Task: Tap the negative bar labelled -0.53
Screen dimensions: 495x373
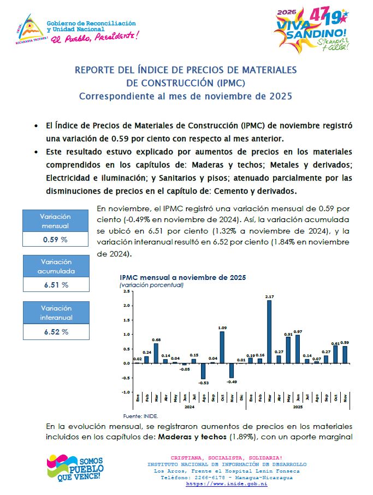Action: (x=203, y=371)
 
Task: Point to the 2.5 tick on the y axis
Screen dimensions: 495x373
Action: (x=126, y=291)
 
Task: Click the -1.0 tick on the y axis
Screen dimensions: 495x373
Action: (x=126, y=392)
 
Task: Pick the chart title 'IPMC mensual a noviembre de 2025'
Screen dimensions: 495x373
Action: (x=182, y=277)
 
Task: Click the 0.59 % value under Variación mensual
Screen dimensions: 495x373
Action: (x=55, y=239)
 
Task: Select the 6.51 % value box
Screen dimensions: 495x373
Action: (x=55, y=284)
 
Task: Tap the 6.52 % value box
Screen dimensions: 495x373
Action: (x=55, y=331)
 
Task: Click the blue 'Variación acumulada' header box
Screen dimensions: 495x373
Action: (x=55, y=266)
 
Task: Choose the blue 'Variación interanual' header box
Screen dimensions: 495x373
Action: (x=55, y=313)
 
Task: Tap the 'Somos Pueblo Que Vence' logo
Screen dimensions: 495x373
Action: (x=74, y=468)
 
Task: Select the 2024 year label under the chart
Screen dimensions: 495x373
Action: (x=189, y=407)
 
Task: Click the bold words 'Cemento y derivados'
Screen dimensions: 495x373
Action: (x=258, y=191)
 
